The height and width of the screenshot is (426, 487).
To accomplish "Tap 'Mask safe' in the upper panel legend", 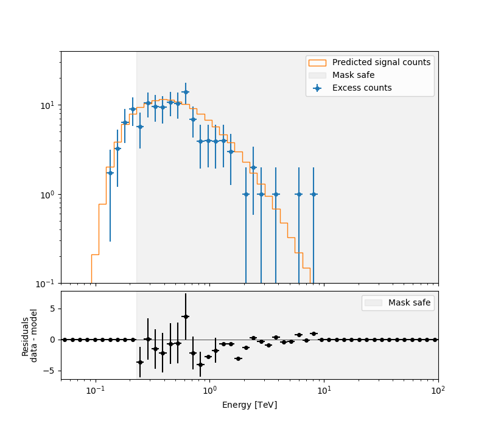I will tap(353, 75).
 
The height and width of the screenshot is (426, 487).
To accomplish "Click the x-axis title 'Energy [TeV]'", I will tap(250, 405).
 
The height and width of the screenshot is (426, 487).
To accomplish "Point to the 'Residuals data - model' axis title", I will tap(30, 335).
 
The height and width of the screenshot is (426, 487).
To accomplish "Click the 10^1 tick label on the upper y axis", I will tap(49, 105).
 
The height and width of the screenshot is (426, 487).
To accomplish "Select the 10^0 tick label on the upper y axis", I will tap(49, 195).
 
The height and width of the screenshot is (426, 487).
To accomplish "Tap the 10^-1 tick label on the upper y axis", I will tap(47, 284).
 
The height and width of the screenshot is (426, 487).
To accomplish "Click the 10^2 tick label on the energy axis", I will tap(438, 390).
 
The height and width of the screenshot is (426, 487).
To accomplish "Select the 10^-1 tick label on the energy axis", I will tap(95, 390).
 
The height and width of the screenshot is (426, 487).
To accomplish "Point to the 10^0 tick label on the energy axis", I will tap(209, 390).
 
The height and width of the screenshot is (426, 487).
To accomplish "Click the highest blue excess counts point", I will tap(186, 92).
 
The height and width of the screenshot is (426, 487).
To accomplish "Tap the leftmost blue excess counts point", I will tap(110, 173).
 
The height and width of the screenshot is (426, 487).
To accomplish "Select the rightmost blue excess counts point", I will tap(314, 194).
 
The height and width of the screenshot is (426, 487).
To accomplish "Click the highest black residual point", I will tap(186, 316).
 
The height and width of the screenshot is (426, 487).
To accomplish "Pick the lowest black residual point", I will tap(200, 365).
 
